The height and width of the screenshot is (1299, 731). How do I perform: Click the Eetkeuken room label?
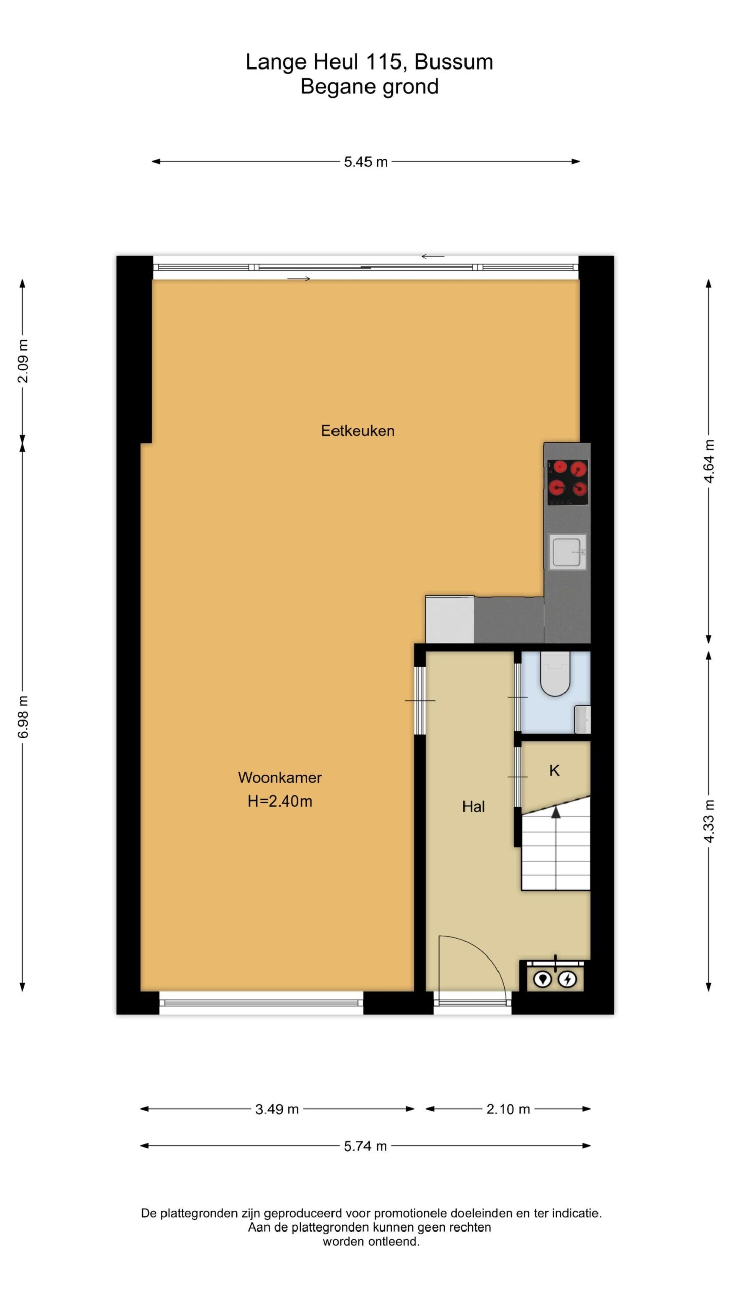357,431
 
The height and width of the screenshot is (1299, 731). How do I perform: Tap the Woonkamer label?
280,777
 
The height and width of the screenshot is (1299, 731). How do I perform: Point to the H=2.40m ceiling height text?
280,801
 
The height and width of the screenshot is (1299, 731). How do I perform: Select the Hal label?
473,807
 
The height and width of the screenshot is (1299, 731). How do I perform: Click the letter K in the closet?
554,771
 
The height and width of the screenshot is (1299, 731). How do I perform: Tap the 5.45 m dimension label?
365,162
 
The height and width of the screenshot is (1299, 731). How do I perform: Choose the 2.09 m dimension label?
23,361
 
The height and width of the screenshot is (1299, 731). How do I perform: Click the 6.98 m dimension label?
23,717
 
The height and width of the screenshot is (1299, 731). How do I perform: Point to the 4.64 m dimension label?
709,461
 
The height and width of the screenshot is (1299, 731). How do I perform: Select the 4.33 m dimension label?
709,822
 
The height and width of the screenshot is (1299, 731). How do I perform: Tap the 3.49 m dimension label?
277,1109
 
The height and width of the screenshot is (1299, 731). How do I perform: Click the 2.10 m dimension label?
508,1109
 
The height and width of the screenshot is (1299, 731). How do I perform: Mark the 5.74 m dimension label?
365,1146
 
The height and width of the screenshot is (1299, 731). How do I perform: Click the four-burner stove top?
568,482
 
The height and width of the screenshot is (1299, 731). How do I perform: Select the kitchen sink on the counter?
568,552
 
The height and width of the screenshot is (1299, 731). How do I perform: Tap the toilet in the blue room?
555,673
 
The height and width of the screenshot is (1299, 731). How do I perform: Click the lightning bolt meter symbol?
568,979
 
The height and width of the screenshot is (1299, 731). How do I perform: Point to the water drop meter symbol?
543,979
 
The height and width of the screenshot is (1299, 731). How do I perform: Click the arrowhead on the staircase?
556,812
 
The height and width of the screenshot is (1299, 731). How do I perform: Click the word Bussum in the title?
454,62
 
